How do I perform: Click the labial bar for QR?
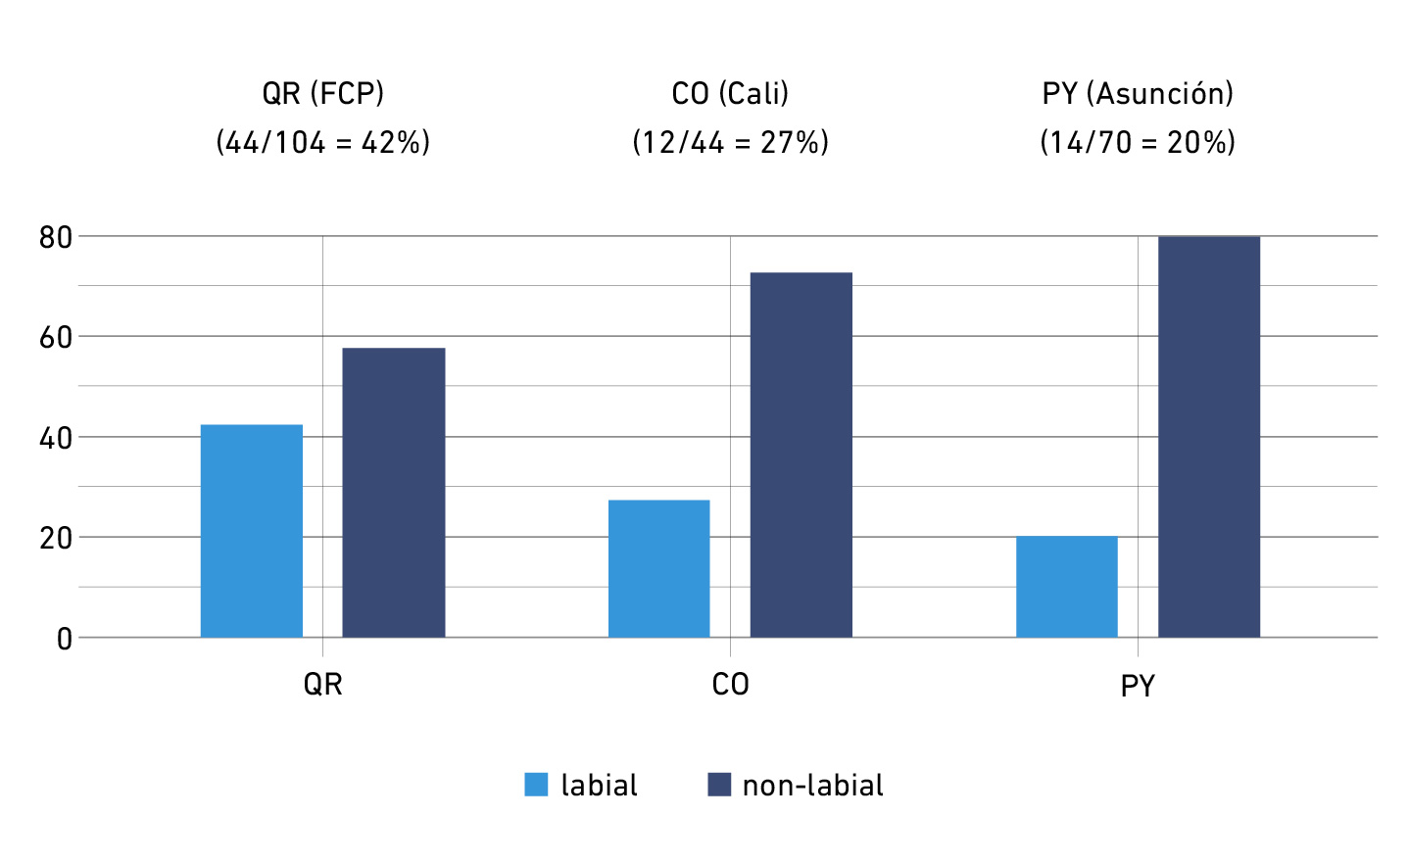coord(252,531)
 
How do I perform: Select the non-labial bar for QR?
coord(393,493)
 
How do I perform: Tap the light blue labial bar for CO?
coord(658,568)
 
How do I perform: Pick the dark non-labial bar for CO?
coord(801,455)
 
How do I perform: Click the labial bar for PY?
coord(1066,587)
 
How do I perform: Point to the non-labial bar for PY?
coord(1208,437)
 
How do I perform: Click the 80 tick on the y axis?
coord(56,237)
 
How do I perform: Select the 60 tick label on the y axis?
coord(56,338)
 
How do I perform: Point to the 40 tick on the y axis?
coord(56,438)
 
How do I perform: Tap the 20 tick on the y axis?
coord(56,538)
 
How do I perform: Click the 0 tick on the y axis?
coord(65,639)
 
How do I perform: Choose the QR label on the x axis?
coord(322,684)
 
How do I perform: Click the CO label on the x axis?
coord(730,684)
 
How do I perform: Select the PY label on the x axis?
coord(1138,686)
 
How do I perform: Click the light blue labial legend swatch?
coord(536,785)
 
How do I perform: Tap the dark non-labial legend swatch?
coord(719,785)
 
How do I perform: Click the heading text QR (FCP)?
coord(322,93)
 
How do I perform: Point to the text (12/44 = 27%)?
coord(730,142)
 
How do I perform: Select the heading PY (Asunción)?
coord(1138,93)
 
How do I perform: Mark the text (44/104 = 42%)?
coord(322,142)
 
